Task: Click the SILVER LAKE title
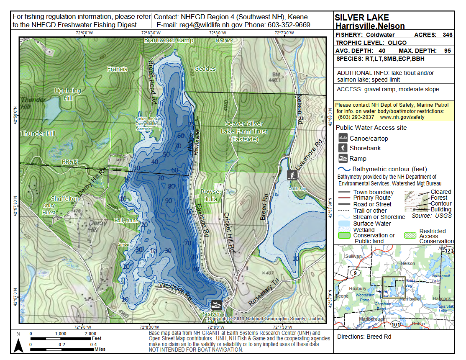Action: pos(362,18)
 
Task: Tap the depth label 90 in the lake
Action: pos(168,201)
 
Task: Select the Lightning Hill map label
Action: pos(68,94)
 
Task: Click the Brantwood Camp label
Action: pos(169,40)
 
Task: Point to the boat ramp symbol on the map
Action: pos(217,304)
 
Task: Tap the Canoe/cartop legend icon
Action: pos(343,138)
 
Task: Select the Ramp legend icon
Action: pos(343,158)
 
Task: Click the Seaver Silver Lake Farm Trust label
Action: pos(244,131)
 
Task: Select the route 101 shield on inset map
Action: pos(396,324)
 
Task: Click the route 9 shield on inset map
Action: pos(354,273)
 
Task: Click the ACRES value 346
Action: pos(447,35)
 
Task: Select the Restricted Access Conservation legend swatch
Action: pos(411,235)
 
